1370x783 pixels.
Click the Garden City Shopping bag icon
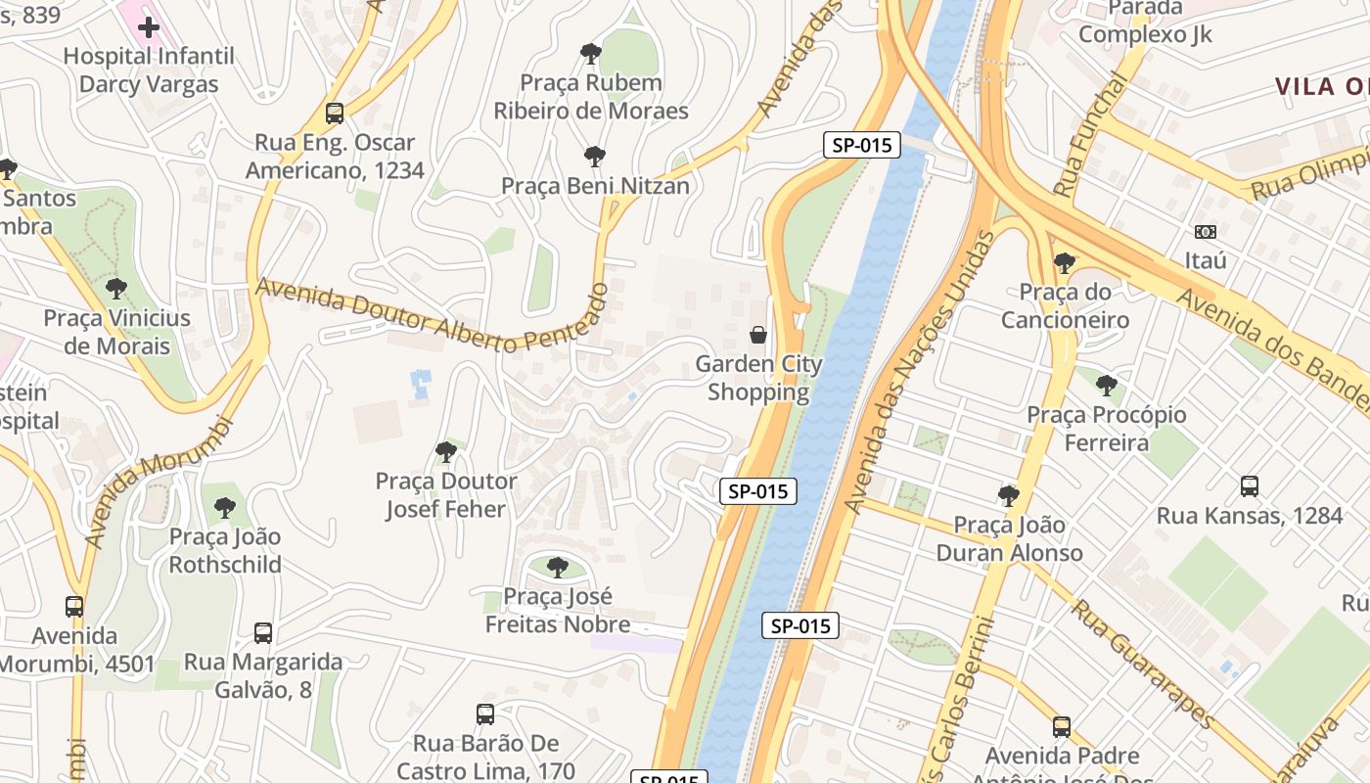click(x=757, y=335)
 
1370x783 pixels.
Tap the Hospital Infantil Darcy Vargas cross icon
click(x=149, y=27)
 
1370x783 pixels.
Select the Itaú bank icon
click(x=1206, y=232)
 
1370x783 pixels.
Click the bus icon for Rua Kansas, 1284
click(x=1249, y=485)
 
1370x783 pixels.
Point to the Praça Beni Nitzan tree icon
click(x=594, y=156)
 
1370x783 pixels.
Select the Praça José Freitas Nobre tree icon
click(x=557, y=567)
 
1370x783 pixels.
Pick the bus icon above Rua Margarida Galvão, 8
click(x=262, y=632)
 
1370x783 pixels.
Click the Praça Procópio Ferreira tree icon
click(x=1106, y=386)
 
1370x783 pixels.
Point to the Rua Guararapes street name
click(x=1142, y=664)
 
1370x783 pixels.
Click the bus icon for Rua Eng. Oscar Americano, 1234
click(x=335, y=114)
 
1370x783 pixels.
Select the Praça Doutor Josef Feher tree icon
click(x=445, y=451)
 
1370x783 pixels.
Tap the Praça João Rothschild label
click(x=225, y=550)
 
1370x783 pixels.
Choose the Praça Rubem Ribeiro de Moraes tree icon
click(x=590, y=53)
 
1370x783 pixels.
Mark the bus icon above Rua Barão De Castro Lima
click(x=484, y=714)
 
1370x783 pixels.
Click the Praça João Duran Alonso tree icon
click(x=1008, y=495)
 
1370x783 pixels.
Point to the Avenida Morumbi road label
click(x=161, y=482)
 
